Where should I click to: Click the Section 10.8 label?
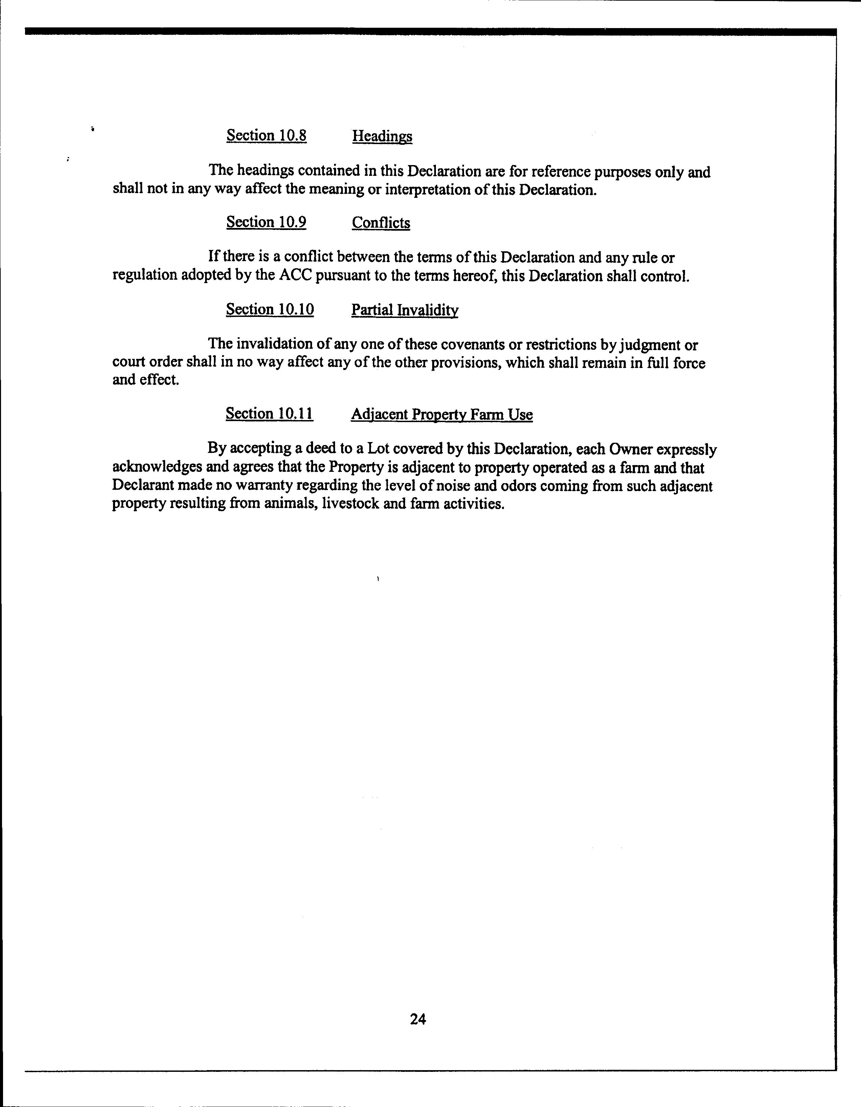pos(266,136)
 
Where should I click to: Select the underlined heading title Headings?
pos(382,136)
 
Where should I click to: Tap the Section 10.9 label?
pos(266,223)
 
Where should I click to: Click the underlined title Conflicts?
pos(381,223)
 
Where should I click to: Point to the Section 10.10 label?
pos(270,310)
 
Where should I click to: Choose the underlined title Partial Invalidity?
pos(405,310)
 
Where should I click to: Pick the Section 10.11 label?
pos(269,414)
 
